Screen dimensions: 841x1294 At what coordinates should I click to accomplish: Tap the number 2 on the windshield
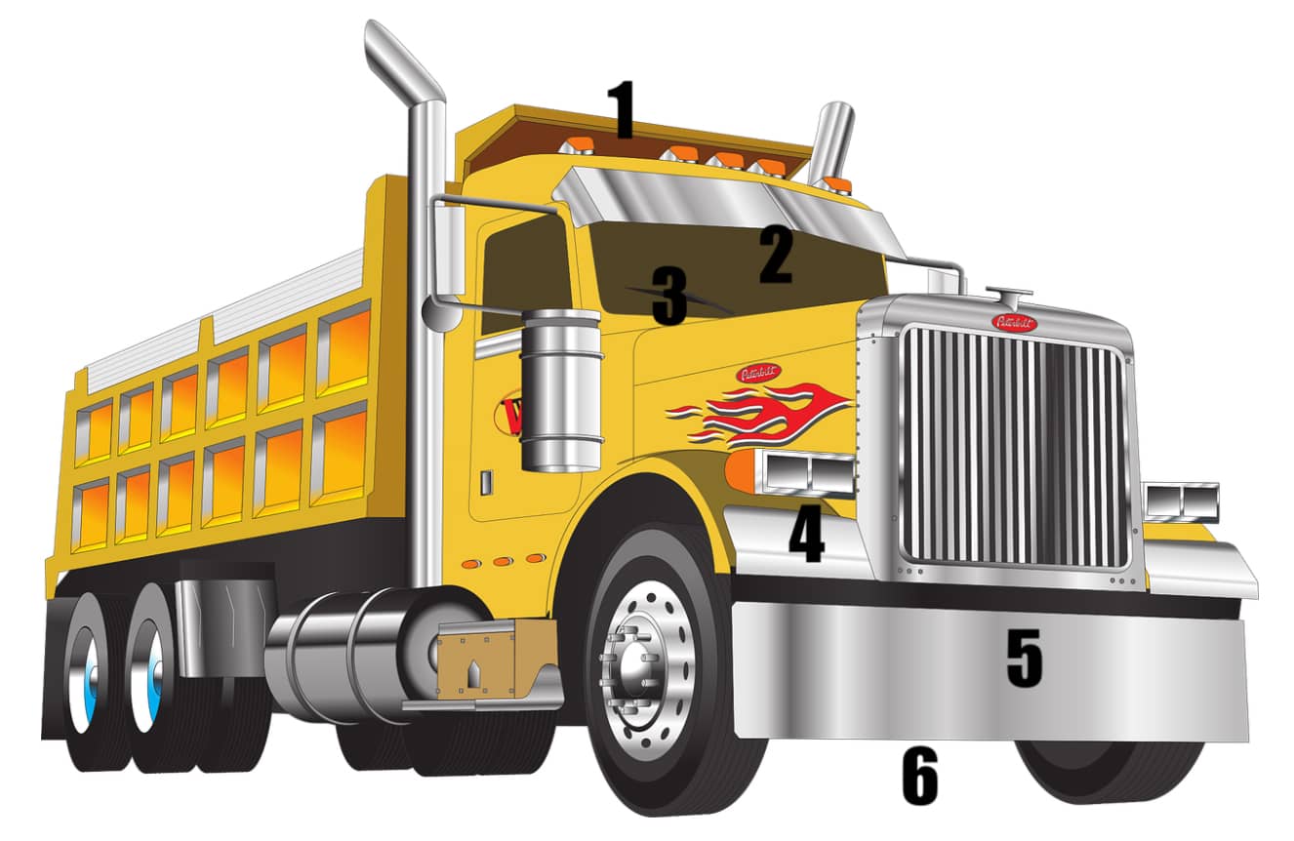pyautogui.click(x=776, y=256)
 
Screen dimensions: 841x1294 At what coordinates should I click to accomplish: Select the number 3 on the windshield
pyautogui.click(x=669, y=298)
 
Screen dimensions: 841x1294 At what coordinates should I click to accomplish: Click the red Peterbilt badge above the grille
pyautogui.click(x=1014, y=322)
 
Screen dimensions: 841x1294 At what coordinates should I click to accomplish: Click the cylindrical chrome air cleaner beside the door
pyautogui.click(x=560, y=390)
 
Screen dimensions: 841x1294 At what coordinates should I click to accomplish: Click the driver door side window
pyautogui.click(x=523, y=263)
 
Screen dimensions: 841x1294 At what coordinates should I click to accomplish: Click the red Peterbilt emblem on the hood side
pyautogui.click(x=758, y=373)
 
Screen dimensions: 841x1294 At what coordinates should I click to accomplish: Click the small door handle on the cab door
pyautogui.click(x=487, y=482)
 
